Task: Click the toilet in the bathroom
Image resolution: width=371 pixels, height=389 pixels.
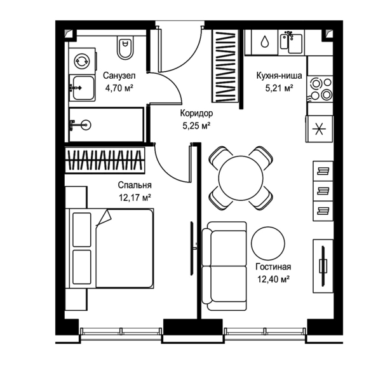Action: [125, 48]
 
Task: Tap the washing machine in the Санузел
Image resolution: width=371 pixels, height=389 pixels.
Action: [82, 61]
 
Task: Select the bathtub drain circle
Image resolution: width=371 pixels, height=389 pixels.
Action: [86, 125]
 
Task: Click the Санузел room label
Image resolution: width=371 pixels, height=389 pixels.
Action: [119, 76]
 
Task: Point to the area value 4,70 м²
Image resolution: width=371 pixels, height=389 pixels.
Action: [119, 88]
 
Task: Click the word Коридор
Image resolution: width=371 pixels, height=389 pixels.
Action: [196, 113]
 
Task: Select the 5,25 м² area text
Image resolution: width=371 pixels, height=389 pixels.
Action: [196, 126]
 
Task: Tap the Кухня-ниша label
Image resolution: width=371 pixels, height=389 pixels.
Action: [279, 76]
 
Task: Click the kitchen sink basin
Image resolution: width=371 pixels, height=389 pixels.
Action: [295, 44]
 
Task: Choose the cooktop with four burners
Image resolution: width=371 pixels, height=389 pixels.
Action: [320, 89]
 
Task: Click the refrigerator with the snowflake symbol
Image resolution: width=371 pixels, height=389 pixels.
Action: [319, 129]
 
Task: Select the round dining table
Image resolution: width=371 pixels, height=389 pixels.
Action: [241, 177]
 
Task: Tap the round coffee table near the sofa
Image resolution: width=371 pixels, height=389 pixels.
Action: [268, 243]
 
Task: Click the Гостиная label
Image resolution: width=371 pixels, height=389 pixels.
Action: [273, 267]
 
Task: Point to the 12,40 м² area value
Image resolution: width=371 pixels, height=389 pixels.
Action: [273, 279]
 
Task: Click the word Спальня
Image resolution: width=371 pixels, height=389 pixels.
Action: [135, 185]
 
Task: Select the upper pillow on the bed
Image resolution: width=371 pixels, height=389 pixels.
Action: [81, 229]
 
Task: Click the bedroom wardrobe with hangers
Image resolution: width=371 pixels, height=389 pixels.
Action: [105, 160]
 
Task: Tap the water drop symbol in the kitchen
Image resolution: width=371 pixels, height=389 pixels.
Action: [265, 41]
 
